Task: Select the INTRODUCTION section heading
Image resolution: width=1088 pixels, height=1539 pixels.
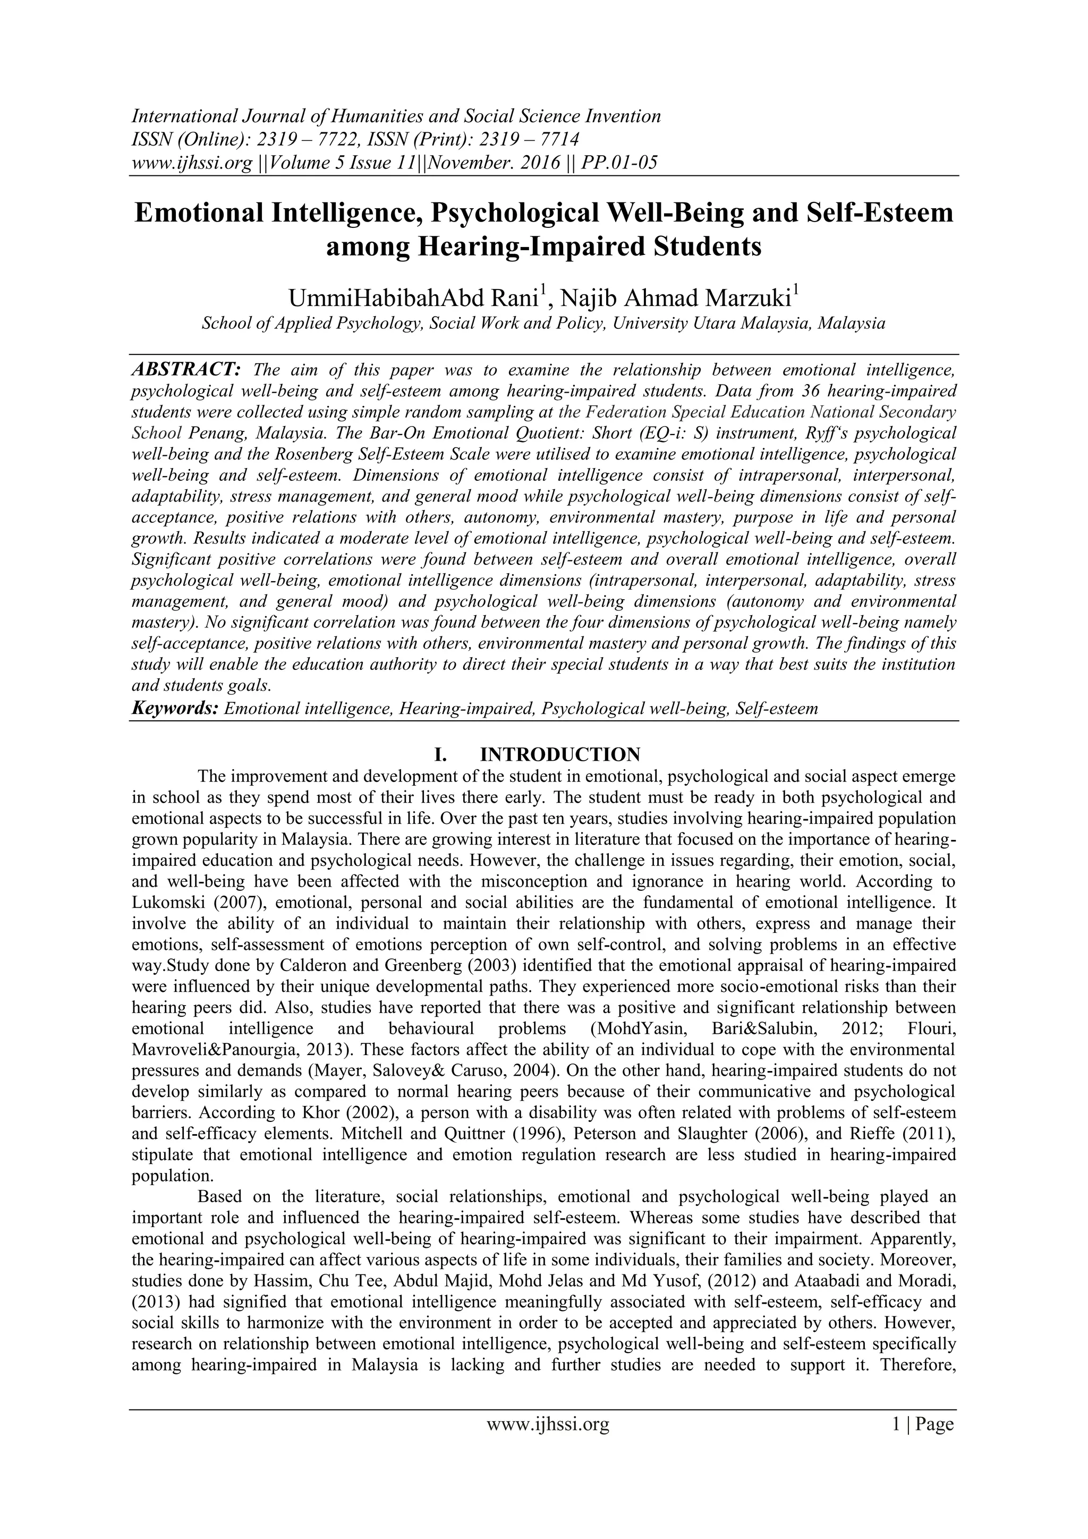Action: (560, 755)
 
